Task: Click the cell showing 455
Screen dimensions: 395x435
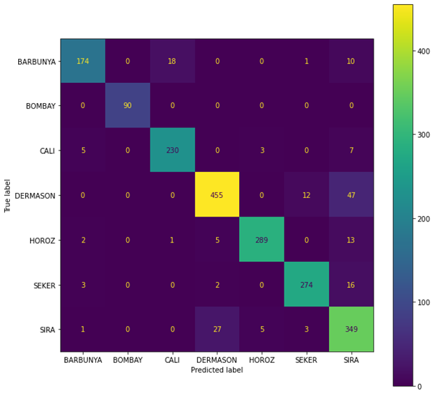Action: [217, 194]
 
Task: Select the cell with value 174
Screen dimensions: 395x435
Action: [82, 61]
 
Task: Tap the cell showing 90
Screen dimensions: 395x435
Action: [127, 106]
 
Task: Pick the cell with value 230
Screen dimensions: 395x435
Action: [172, 150]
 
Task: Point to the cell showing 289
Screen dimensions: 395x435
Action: [261, 239]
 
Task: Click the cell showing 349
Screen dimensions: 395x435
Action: [351, 328]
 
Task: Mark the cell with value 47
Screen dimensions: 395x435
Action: [351, 194]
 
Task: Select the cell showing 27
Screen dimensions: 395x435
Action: [217, 328]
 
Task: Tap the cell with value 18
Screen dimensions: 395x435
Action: [172, 61]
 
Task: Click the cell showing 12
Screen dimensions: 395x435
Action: [307, 194]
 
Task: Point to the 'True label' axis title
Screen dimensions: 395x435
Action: [8, 194]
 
